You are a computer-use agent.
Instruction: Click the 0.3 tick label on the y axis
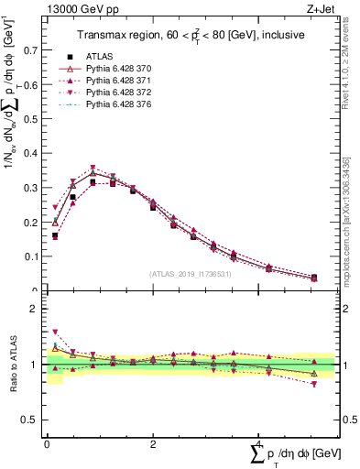pos(35,188)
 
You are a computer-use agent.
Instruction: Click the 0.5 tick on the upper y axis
pos(35,120)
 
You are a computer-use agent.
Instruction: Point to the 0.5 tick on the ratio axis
pos(35,420)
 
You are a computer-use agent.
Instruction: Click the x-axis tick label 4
pos(259,443)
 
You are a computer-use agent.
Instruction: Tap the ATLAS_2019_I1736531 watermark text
pos(190,273)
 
